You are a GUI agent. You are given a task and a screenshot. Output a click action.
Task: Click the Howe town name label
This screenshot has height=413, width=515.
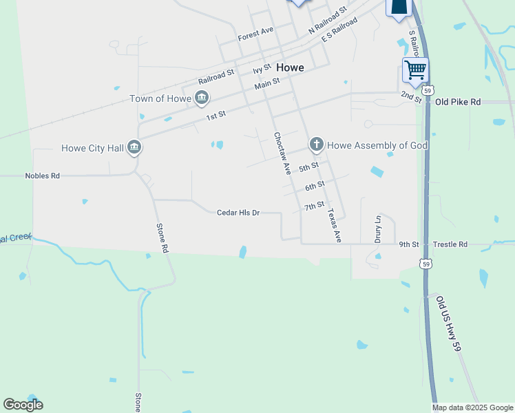pyautogui.click(x=291, y=68)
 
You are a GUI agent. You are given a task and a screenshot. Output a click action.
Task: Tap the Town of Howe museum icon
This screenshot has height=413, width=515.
pyautogui.click(x=201, y=98)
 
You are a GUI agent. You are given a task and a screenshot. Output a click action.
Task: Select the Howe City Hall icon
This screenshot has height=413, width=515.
pyautogui.click(x=134, y=147)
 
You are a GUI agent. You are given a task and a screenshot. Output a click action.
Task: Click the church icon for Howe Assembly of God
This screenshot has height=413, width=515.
pyautogui.click(x=316, y=145)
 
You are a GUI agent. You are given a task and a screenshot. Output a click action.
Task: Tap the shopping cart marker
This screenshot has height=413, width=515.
pyautogui.click(x=415, y=70)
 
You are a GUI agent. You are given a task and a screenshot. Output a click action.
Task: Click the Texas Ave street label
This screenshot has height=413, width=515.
pyautogui.click(x=334, y=226)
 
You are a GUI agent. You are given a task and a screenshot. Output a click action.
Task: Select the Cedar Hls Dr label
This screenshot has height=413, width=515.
pyautogui.click(x=238, y=213)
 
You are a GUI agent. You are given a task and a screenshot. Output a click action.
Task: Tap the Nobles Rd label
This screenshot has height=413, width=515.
pyautogui.click(x=43, y=176)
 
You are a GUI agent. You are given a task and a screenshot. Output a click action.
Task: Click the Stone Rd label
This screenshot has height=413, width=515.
pyautogui.click(x=162, y=239)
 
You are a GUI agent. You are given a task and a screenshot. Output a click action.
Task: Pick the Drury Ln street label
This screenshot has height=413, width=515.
pyautogui.click(x=377, y=230)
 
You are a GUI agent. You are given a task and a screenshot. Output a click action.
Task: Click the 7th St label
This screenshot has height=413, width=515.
pyautogui.click(x=314, y=205)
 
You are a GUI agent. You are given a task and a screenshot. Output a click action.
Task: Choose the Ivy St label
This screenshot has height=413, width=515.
pyautogui.click(x=262, y=70)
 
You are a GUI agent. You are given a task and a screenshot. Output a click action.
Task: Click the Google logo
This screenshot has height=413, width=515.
pyautogui.click(x=23, y=405)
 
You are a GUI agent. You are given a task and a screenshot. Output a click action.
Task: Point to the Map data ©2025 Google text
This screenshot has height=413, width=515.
pyautogui.click(x=473, y=407)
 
